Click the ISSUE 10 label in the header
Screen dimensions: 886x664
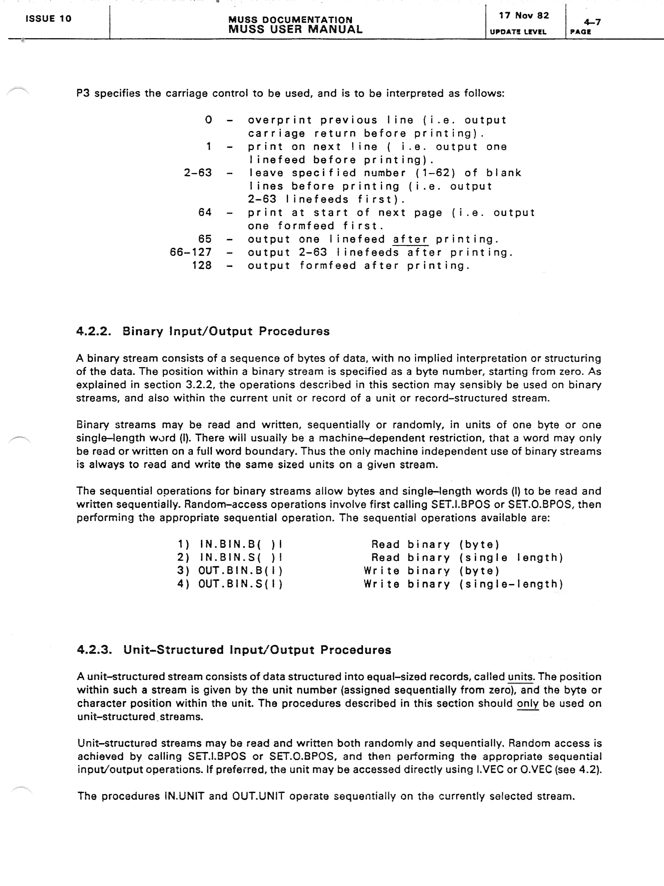[48, 19]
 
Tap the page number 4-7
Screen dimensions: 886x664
[592, 22]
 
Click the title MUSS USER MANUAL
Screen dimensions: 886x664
[295, 29]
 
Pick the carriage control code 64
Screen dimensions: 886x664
[205, 212]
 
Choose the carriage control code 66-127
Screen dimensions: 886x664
[191, 252]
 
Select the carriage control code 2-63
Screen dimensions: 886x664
[198, 173]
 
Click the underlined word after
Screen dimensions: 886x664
[410, 239]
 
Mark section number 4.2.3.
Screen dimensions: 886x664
[94, 650]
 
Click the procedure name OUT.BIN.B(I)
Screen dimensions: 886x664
[240, 571]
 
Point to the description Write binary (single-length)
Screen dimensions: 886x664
[463, 584]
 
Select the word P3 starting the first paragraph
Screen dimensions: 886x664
[83, 93]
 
